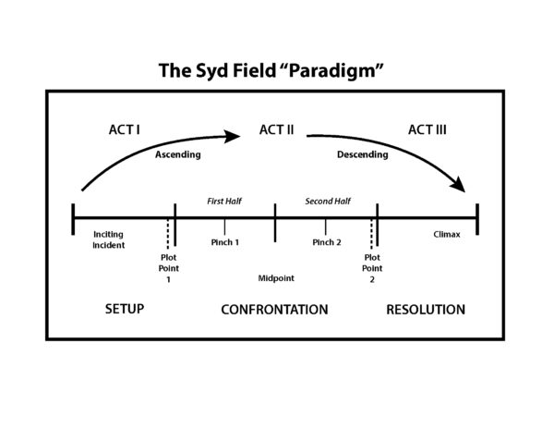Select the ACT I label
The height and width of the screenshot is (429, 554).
click(x=124, y=129)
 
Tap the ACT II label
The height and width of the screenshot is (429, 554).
click(x=276, y=129)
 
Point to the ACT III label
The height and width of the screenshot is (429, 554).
click(x=428, y=129)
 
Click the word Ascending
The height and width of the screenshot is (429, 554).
click(x=178, y=154)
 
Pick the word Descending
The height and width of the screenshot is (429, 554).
click(x=363, y=154)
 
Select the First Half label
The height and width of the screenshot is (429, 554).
click(x=224, y=202)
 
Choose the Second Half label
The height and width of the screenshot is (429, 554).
click(x=328, y=202)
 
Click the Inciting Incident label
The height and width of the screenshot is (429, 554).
click(x=108, y=239)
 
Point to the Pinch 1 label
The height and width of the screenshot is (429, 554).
click(x=225, y=242)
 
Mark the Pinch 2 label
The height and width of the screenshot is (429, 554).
click(x=327, y=242)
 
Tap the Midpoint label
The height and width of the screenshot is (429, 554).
click(x=276, y=278)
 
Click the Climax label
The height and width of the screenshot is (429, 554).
click(x=447, y=235)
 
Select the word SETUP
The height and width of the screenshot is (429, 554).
click(x=125, y=309)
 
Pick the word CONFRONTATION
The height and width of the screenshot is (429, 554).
click(x=274, y=310)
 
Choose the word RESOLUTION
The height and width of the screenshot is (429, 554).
click(x=426, y=310)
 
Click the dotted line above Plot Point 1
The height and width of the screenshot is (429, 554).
click(x=168, y=234)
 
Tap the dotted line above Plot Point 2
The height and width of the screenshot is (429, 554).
click(x=371, y=234)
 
